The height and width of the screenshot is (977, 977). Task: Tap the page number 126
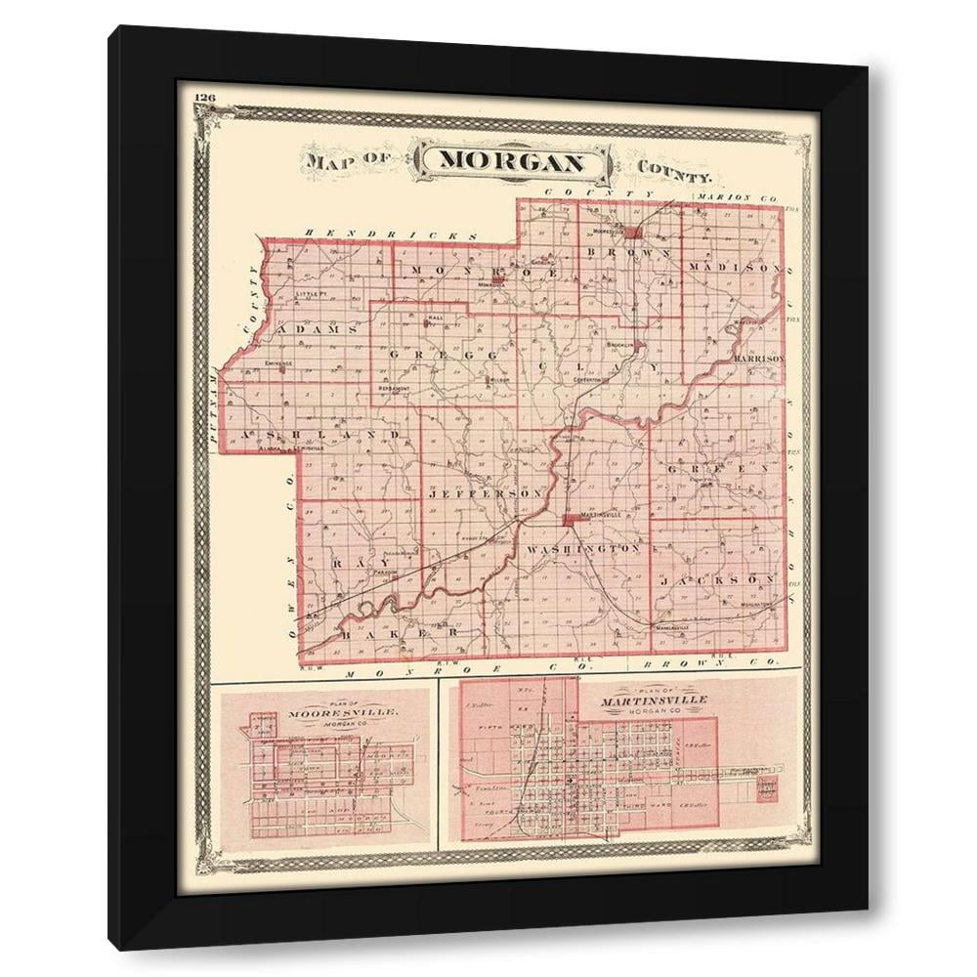[205, 97]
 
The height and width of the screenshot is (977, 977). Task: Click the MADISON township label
[734, 267]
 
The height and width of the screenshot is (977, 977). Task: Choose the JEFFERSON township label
[485, 495]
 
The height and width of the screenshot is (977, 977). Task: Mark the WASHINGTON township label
[584, 550]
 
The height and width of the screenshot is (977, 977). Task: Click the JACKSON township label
[724, 580]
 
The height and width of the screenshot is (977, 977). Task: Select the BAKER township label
[402, 633]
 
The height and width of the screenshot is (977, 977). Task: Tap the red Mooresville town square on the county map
[634, 233]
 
